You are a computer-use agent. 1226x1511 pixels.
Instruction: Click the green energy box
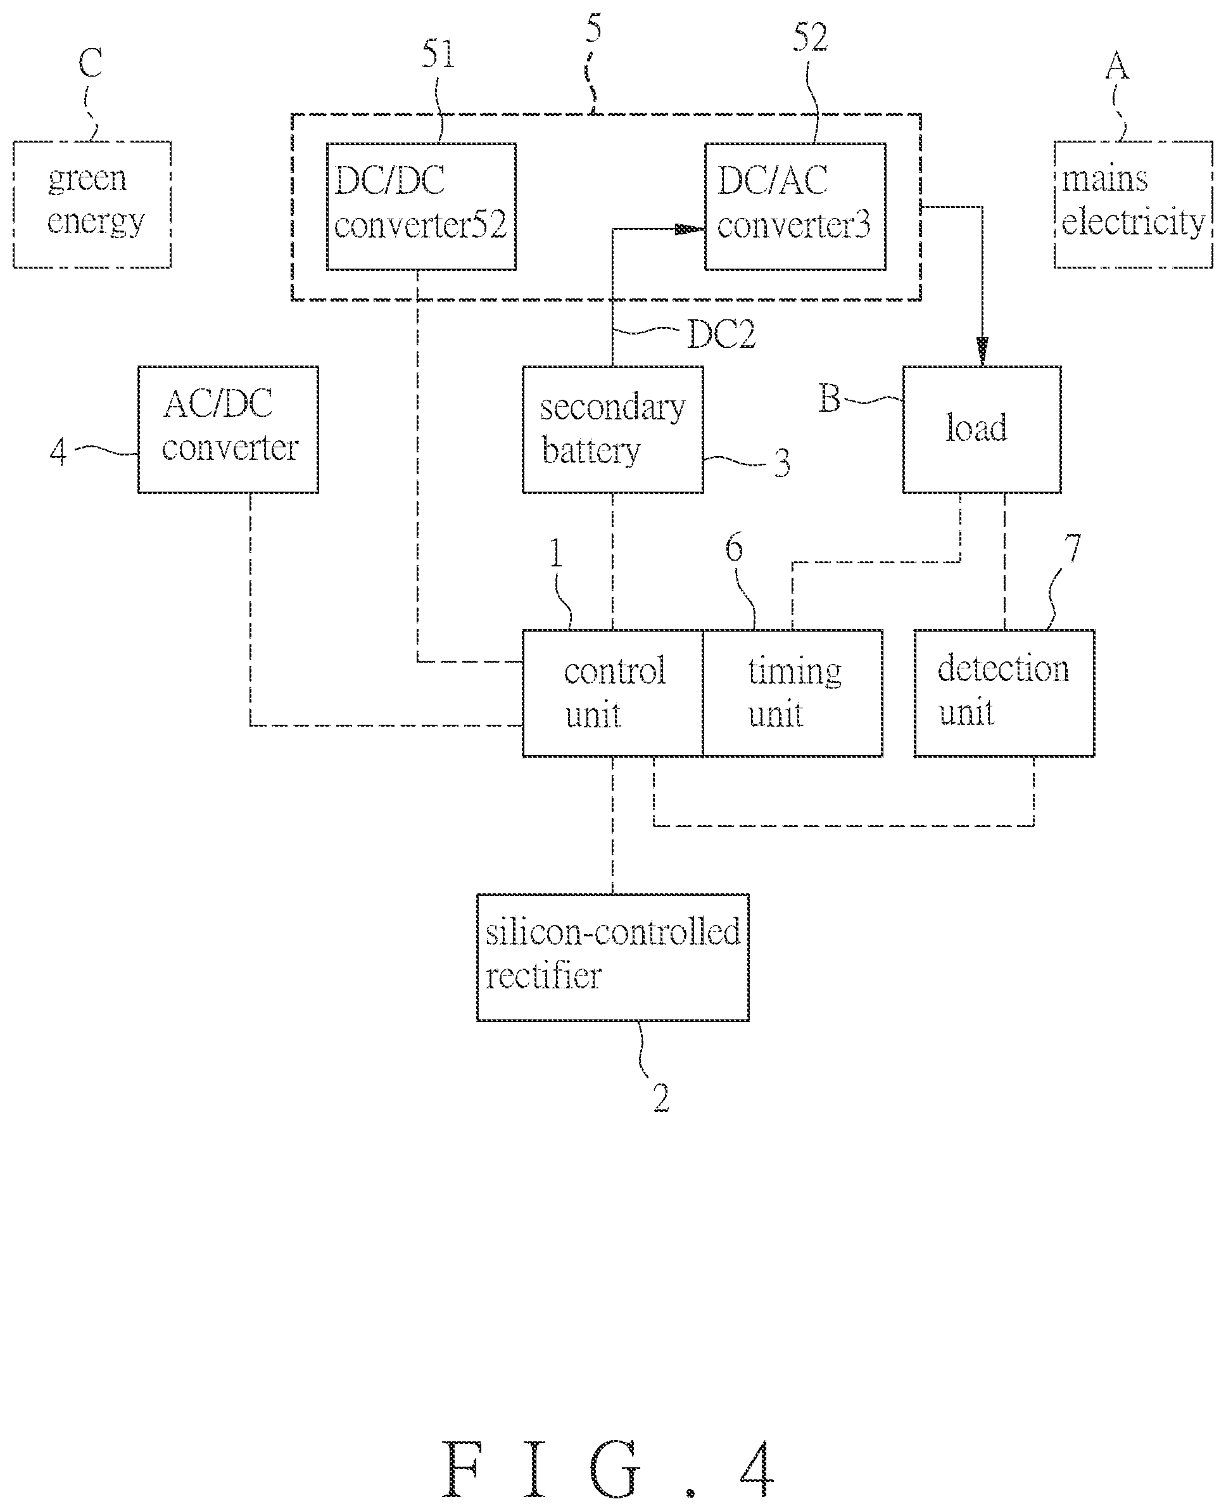coord(92,204)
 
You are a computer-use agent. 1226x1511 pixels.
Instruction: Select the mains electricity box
coord(1133,204)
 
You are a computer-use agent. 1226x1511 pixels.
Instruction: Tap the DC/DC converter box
coord(421,207)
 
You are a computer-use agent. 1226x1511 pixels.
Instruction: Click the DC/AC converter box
coord(795,207)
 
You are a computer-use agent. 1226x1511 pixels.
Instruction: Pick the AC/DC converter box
coord(228,430)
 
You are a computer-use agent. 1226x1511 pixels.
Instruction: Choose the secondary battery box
coord(612,430)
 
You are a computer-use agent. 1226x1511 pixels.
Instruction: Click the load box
coord(982,430)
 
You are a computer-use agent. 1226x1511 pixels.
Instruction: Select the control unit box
coord(612,693)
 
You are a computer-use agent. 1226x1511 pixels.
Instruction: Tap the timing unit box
coord(792,693)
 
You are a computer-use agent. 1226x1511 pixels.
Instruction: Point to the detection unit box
coord(1004,693)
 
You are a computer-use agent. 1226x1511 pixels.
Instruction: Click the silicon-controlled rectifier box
coord(612,957)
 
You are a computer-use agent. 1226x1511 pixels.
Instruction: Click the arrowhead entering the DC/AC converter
coord(690,229)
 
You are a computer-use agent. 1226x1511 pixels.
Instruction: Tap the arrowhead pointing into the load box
coord(982,352)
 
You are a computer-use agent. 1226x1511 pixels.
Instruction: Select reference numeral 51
coord(438,54)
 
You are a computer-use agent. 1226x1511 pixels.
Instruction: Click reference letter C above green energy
coord(91,63)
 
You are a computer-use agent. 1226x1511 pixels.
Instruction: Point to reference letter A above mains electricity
coord(1117,67)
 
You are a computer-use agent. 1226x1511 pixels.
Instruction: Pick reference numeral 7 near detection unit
coord(1073,549)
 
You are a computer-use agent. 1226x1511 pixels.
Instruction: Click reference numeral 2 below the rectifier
coord(661,1098)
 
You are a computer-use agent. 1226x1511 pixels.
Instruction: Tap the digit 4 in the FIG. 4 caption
coord(757,1469)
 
